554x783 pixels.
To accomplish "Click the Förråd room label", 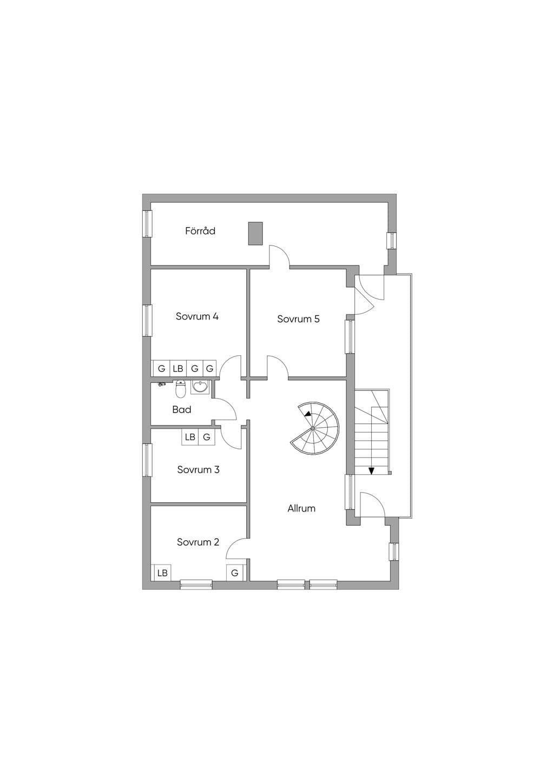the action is point(200,231).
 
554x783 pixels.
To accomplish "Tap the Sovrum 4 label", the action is point(197,316).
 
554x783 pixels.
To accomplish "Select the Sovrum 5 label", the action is point(298,319).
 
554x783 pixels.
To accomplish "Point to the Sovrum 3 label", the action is point(199,469).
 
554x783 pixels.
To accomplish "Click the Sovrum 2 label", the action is point(198,542).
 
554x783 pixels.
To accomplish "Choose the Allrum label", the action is point(301,508).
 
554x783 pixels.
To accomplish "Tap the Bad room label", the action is point(182,409).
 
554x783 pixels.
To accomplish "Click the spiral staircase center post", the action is point(313,428).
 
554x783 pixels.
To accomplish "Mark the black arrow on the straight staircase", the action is point(372,471).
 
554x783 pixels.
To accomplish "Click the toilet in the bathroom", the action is point(181,389).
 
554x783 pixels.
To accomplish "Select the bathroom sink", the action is point(200,387).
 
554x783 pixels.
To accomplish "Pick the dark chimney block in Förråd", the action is point(255,234).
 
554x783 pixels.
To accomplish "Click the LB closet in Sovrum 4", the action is point(178,368).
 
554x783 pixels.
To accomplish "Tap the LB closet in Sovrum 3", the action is point(190,437).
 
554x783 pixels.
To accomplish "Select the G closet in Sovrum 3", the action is point(207,437).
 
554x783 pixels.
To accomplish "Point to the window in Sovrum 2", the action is point(196,585).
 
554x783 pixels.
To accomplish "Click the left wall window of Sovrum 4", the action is point(147,321).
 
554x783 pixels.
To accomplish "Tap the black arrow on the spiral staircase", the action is point(307,414).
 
